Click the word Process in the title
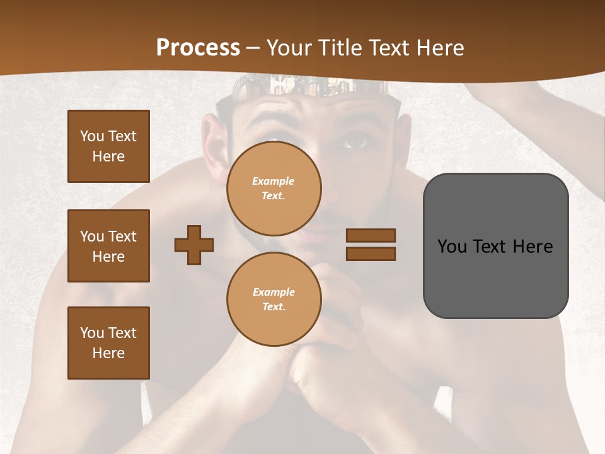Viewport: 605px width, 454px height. click(x=198, y=48)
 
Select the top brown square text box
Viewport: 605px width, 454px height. click(x=108, y=146)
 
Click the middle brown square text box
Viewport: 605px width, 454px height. click(x=108, y=246)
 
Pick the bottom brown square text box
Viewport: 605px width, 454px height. click(x=108, y=343)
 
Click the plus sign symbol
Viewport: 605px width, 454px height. click(x=194, y=245)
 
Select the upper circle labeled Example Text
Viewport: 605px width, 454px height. click(x=274, y=189)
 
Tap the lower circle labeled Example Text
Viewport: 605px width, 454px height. click(x=274, y=300)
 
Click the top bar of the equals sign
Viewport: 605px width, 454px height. click(x=371, y=236)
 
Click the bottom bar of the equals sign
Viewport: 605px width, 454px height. click(x=371, y=253)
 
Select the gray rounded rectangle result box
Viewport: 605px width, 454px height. click(x=495, y=246)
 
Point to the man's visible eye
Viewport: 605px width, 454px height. click(x=357, y=141)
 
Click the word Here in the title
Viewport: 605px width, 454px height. click(x=440, y=48)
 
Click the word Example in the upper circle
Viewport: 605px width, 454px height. click(x=274, y=181)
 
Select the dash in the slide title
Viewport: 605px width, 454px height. click(x=253, y=48)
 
